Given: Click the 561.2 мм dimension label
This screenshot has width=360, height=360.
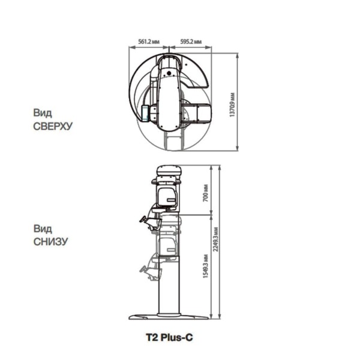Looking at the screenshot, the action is click(x=149, y=41).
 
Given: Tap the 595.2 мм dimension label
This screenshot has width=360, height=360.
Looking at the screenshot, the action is click(x=191, y=41).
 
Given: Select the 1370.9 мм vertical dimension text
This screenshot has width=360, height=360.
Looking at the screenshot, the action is click(x=232, y=104).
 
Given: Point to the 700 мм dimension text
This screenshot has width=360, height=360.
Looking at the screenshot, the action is click(x=206, y=193).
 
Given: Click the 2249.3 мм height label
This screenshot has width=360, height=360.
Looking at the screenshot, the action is click(x=216, y=239).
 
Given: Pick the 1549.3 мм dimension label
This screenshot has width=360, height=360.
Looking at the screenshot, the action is click(x=206, y=266).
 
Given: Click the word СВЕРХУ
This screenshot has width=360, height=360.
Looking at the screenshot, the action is click(x=53, y=126).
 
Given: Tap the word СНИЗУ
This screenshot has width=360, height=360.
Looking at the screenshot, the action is click(x=51, y=242).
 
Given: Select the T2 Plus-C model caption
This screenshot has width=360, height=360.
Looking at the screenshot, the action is click(x=169, y=337).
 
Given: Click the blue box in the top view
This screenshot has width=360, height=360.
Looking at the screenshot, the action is click(x=145, y=113).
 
